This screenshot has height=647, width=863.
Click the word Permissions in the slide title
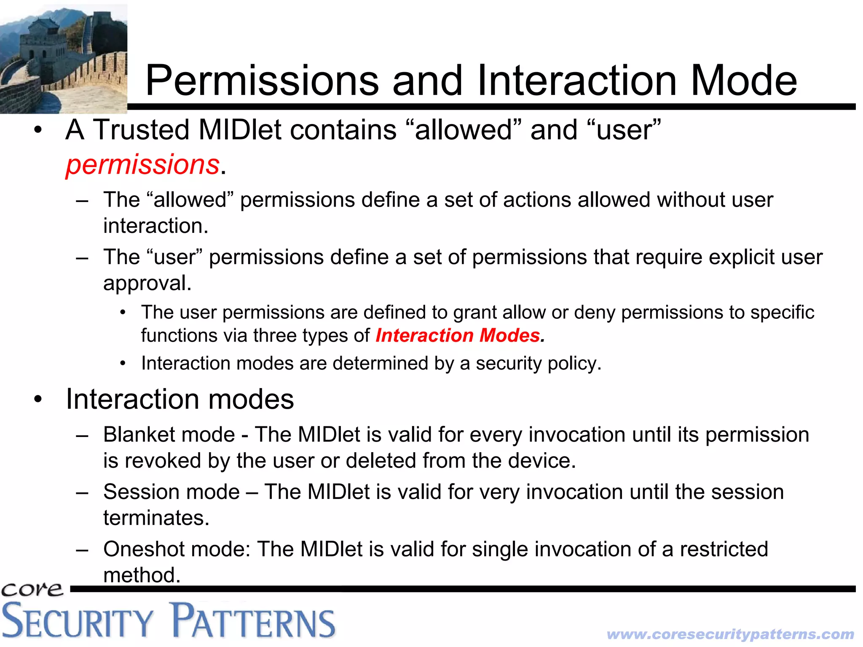(262, 81)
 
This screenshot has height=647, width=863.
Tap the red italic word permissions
(142, 164)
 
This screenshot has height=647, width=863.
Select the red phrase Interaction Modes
(458, 336)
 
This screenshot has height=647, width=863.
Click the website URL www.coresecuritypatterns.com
(730, 634)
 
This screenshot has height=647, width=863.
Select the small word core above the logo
(32, 589)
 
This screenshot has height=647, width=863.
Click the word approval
(147, 283)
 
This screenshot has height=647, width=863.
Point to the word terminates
(156, 518)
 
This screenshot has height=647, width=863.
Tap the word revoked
(162, 461)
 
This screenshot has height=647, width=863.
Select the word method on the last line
(142, 575)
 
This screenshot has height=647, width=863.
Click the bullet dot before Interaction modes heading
(38, 399)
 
